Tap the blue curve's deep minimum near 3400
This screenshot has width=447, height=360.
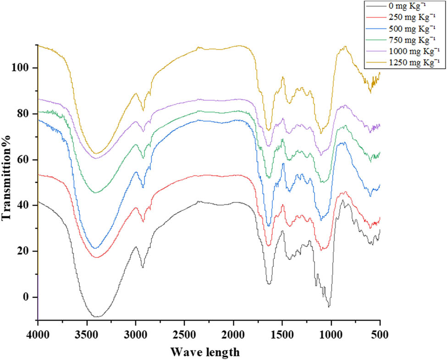tap(95, 248)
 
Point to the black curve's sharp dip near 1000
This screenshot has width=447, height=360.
tap(329, 306)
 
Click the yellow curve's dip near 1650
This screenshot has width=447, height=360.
tap(269, 130)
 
